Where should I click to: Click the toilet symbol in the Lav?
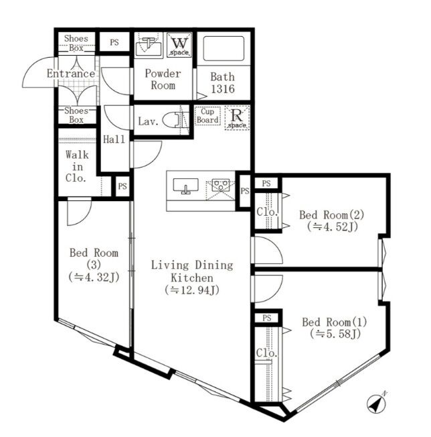click(172, 120)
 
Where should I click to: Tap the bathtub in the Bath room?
click(224, 48)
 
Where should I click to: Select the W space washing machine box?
click(179, 45)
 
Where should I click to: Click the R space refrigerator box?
click(237, 118)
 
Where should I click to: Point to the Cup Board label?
click(207, 116)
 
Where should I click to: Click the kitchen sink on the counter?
click(185, 186)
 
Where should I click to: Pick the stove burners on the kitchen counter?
click(221, 185)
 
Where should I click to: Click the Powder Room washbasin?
click(149, 46)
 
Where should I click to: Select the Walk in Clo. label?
click(76, 166)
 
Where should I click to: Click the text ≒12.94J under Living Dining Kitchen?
click(191, 290)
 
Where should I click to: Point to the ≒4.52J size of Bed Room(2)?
click(333, 227)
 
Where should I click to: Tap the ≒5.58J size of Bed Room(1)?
click(335, 334)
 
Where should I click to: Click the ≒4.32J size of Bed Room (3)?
click(94, 277)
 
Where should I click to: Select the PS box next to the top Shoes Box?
click(114, 42)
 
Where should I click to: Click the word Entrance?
click(71, 74)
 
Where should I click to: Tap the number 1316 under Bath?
click(223, 89)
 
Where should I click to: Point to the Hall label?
click(114, 139)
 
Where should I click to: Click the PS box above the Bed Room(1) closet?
click(266, 318)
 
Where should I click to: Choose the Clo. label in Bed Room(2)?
click(267, 212)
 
